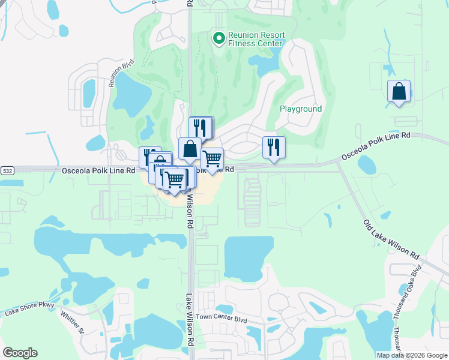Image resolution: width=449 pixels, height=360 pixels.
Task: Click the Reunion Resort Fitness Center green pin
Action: click(218, 39)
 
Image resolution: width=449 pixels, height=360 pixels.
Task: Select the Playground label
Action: click(301, 109)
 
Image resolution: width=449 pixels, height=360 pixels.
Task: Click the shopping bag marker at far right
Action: click(399, 92)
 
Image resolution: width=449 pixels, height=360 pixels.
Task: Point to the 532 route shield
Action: click(7, 171)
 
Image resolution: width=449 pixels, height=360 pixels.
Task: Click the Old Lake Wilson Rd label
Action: click(391, 239)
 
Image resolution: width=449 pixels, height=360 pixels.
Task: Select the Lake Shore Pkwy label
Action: click(29, 308)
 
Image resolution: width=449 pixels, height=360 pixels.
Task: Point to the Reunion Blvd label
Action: click(120, 74)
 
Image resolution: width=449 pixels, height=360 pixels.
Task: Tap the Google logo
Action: click(20, 353)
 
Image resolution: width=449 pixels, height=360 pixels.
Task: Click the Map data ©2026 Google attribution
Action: click(412, 355)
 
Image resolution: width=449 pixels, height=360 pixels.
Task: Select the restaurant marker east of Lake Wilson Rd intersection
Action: click(274, 148)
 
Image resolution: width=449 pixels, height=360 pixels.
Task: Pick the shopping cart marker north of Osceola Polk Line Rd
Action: click(212, 159)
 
